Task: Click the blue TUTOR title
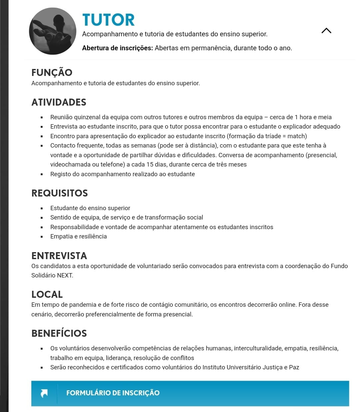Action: click(x=108, y=20)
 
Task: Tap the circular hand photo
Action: click(x=52, y=31)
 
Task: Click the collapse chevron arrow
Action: click(x=326, y=31)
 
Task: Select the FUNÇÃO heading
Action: click(x=52, y=72)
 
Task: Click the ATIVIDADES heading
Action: click(x=59, y=102)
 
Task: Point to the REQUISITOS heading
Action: click(x=60, y=193)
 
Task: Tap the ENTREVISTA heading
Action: click(x=59, y=256)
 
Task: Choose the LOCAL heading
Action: click(x=47, y=294)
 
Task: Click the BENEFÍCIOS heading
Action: click(x=59, y=333)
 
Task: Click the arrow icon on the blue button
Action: click(x=44, y=393)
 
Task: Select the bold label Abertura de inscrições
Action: click(x=117, y=48)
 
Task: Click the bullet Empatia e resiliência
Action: click(x=78, y=236)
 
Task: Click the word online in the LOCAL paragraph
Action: click(x=286, y=305)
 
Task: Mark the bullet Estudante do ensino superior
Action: click(x=90, y=208)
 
